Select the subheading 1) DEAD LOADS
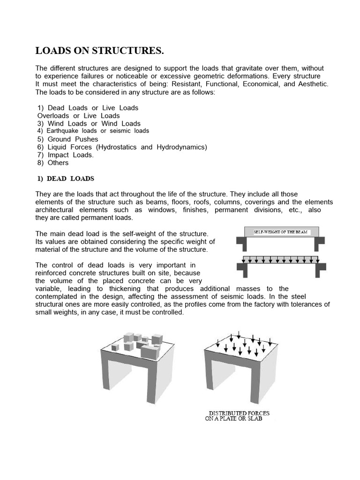(x=66, y=179)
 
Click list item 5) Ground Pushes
(x=67, y=139)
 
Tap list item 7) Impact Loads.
(x=65, y=155)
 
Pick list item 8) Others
(x=52, y=163)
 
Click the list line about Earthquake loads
(x=93, y=131)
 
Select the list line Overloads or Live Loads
(x=78, y=116)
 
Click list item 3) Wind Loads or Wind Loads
(x=89, y=124)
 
